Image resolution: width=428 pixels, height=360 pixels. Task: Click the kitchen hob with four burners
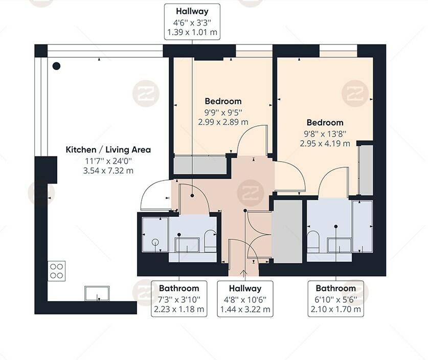(x=56, y=270)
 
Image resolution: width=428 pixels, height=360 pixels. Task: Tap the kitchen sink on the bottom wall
(x=96, y=294)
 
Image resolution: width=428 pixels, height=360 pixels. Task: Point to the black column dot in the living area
(x=56, y=66)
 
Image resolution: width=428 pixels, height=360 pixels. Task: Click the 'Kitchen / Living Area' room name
(x=108, y=150)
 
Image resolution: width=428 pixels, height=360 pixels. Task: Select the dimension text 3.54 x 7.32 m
(x=108, y=170)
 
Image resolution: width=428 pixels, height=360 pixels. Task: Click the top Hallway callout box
(x=192, y=22)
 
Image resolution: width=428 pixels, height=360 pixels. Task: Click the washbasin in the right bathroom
(x=339, y=245)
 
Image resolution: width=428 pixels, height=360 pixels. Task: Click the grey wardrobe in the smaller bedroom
(x=199, y=165)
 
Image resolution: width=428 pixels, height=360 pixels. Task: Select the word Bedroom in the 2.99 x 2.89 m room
(x=223, y=101)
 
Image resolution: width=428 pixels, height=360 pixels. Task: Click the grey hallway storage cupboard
(x=287, y=232)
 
